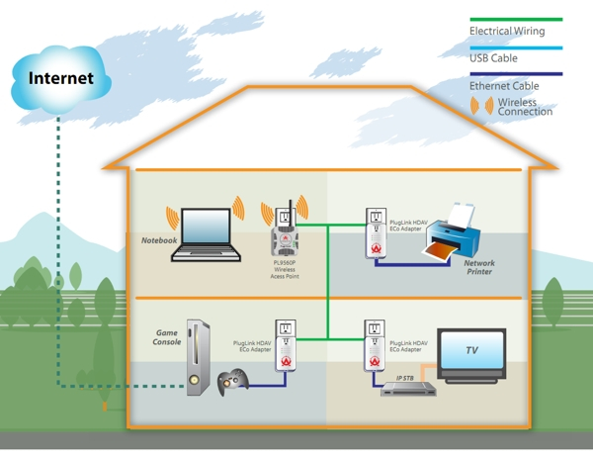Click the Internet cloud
point(61,78)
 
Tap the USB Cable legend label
point(495,58)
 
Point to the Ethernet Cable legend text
point(504,86)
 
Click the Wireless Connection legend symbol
point(484,104)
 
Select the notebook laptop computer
point(205,233)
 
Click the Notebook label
point(158,240)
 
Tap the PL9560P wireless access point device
point(286,241)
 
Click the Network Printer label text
point(479,268)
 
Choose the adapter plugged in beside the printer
point(375,234)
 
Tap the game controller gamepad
point(233,379)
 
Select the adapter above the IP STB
point(375,346)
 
